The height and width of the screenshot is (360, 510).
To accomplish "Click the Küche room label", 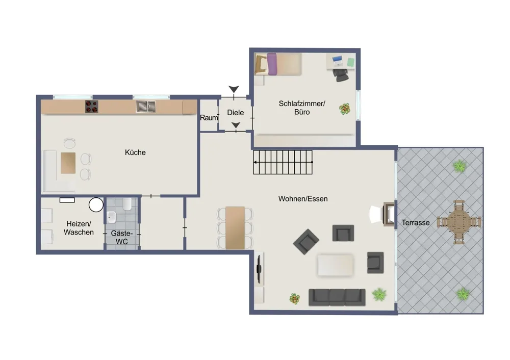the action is [x=135, y=152].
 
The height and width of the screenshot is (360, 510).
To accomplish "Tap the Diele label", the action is [x=236, y=113].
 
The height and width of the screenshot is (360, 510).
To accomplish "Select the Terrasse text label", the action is [x=415, y=223].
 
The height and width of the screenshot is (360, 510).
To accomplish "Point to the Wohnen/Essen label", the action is [x=303, y=199].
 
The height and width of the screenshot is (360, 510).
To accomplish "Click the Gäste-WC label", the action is [x=122, y=238].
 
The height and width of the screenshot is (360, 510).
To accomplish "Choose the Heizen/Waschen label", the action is [x=79, y=228].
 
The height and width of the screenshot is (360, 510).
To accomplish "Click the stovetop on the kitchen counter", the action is [x=92, y=107].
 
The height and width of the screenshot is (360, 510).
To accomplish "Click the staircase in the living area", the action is [x=283, y=162].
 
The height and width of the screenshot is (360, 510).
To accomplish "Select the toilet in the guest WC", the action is [x=127, y=204].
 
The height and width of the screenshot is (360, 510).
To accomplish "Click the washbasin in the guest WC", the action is [x=112, y=217].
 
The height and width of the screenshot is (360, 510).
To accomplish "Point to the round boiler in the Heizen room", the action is [x=96, y=205].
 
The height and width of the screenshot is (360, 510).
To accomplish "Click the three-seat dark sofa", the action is [x=337, y=297].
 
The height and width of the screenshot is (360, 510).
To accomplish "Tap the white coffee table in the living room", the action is [x=336, y=265].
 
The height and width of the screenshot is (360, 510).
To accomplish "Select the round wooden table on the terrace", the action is [x=459, y=222].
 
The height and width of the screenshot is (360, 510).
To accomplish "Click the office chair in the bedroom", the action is [x=341, y=75].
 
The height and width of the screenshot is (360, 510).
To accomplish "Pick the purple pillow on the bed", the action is [x=272, y=64].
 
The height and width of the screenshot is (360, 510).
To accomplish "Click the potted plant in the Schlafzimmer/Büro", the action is [x=345, y=109].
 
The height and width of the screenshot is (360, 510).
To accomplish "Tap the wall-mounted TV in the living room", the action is [x=259, y=269].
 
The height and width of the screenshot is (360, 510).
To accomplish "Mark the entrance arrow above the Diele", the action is [x=234, y=89].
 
